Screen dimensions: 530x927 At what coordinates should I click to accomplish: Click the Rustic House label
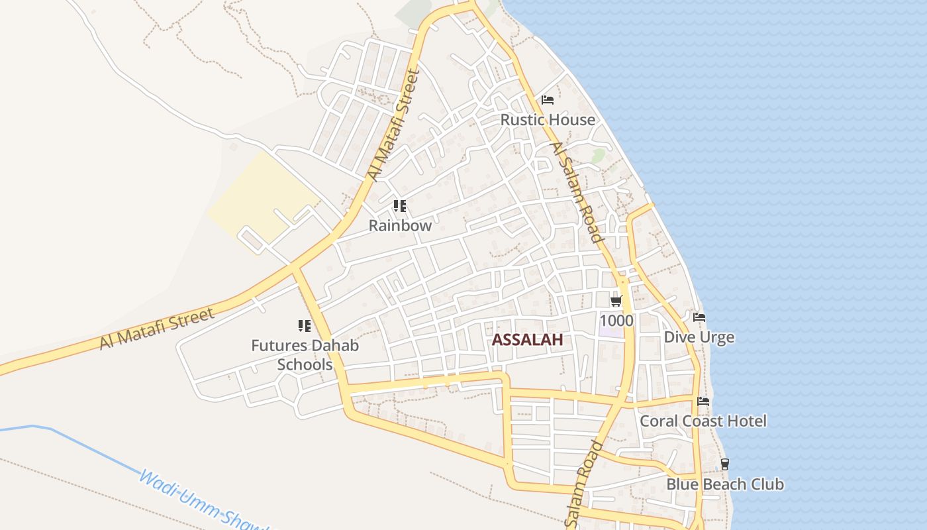(x=548, y=120)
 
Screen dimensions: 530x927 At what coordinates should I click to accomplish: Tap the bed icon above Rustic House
(x=548, y=100)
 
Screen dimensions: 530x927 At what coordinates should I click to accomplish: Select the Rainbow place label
(x=400, y=225)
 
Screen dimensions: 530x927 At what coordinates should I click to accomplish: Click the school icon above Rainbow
(x=399, y=206)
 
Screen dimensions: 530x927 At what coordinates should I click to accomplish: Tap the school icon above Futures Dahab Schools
(x=305, y=325)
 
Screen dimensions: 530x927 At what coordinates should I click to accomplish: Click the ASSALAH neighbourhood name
(x=527, y=340)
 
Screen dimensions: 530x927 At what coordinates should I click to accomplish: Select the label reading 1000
(x=616, y=321)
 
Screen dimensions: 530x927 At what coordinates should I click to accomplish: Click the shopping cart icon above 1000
(x=616, y=301)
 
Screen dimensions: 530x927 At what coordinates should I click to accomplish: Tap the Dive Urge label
(x=699, y=337)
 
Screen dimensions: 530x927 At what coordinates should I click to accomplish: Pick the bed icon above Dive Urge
(x=699, y=317)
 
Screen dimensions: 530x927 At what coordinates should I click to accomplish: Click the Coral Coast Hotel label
(x=703, y=421)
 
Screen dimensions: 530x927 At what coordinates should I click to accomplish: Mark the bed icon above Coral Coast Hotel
(x=703, y=401)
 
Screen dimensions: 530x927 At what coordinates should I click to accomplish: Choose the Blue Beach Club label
(x=724, y=484)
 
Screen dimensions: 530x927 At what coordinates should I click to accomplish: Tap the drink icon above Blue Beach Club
(x=725, y=464)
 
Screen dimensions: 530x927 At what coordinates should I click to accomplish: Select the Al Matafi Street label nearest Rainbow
(x=394, y=125)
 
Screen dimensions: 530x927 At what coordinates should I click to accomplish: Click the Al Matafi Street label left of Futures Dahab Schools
(x=158, y=328)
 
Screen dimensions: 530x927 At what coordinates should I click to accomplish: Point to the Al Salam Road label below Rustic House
(x=577, y=192)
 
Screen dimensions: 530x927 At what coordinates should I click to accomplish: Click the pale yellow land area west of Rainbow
(x=265, y=195)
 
